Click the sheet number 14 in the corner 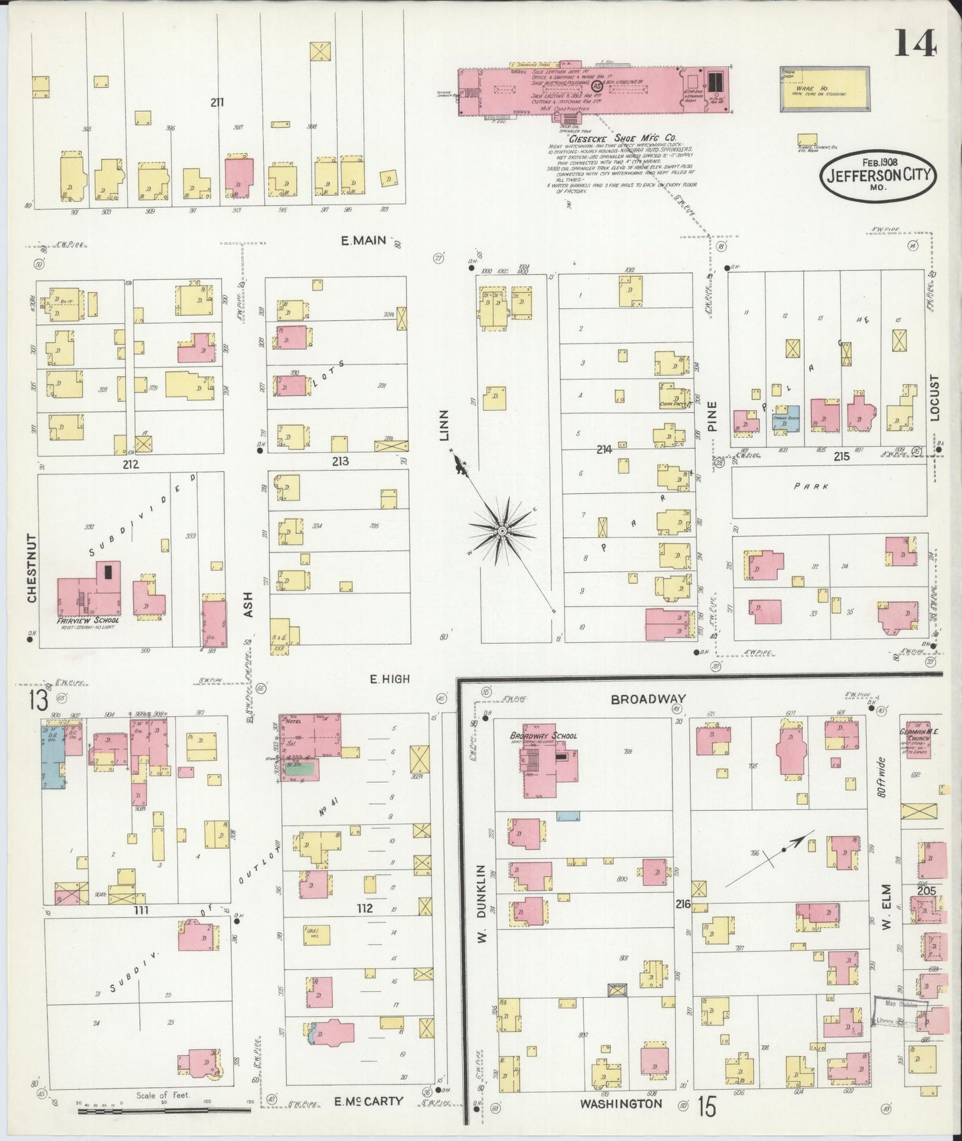point(915,45)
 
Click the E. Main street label point(363,240)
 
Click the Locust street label point(934,398)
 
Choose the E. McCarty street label point(368,1101)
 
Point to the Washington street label point(621,1103)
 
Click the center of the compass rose point(501,530)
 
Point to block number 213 point(340,461)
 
